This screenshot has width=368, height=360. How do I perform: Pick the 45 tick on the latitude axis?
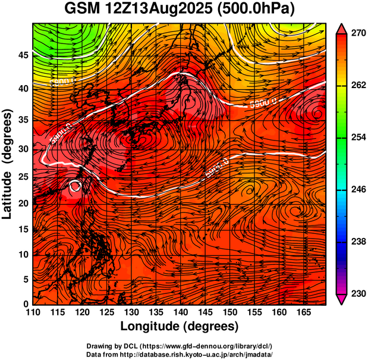click(x=22, y=55)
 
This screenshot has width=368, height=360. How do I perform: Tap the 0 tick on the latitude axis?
click(x=26, y=304)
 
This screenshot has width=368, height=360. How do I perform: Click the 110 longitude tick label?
click(x=33, y=312)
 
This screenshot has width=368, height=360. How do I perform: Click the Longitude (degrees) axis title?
click(x=180, y=326)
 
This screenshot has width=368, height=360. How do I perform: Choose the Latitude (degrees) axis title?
click(x=8, y=164)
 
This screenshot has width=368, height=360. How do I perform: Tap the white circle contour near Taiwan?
click(x=75, y=186)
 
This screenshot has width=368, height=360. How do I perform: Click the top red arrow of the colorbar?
click(x=342, y=28)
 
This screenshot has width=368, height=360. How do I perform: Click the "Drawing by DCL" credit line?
click(x=180, y=346)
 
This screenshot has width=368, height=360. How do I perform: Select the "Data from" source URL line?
click(x=180, y=354)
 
